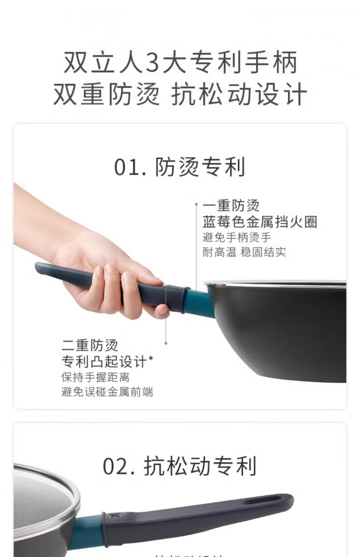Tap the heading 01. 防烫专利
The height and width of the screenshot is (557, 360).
[180, 167]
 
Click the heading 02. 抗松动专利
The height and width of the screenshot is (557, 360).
[180, 466]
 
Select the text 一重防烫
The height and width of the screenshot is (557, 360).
[231, 206]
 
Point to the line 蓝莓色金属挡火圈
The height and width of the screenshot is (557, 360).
[260, 222]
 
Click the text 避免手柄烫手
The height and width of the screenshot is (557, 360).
[237, 238]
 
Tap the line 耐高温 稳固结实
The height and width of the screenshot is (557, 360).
[244, 252]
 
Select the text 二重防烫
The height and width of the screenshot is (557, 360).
[90, 345]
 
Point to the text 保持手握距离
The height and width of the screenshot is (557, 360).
[95, 377]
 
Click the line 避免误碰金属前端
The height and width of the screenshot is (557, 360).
[107, 392]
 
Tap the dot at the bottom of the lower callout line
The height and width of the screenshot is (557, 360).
[166, 343]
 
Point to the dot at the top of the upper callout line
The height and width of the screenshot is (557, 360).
[196, 205]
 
